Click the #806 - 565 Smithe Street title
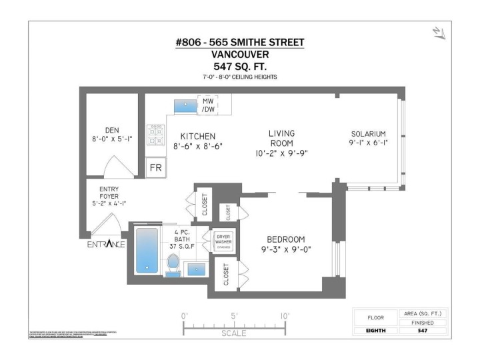point(239,43)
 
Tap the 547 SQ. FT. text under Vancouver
point(239,66)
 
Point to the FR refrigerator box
point(156,167)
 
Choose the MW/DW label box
point(209,105)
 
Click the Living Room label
point(281,138)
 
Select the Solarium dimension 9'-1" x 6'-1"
point(368,143)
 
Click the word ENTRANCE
point(106,244)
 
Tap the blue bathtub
point(147,250)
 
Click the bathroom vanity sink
point(196,269)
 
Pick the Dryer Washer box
point(221,241)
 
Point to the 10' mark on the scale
point(285,316)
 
